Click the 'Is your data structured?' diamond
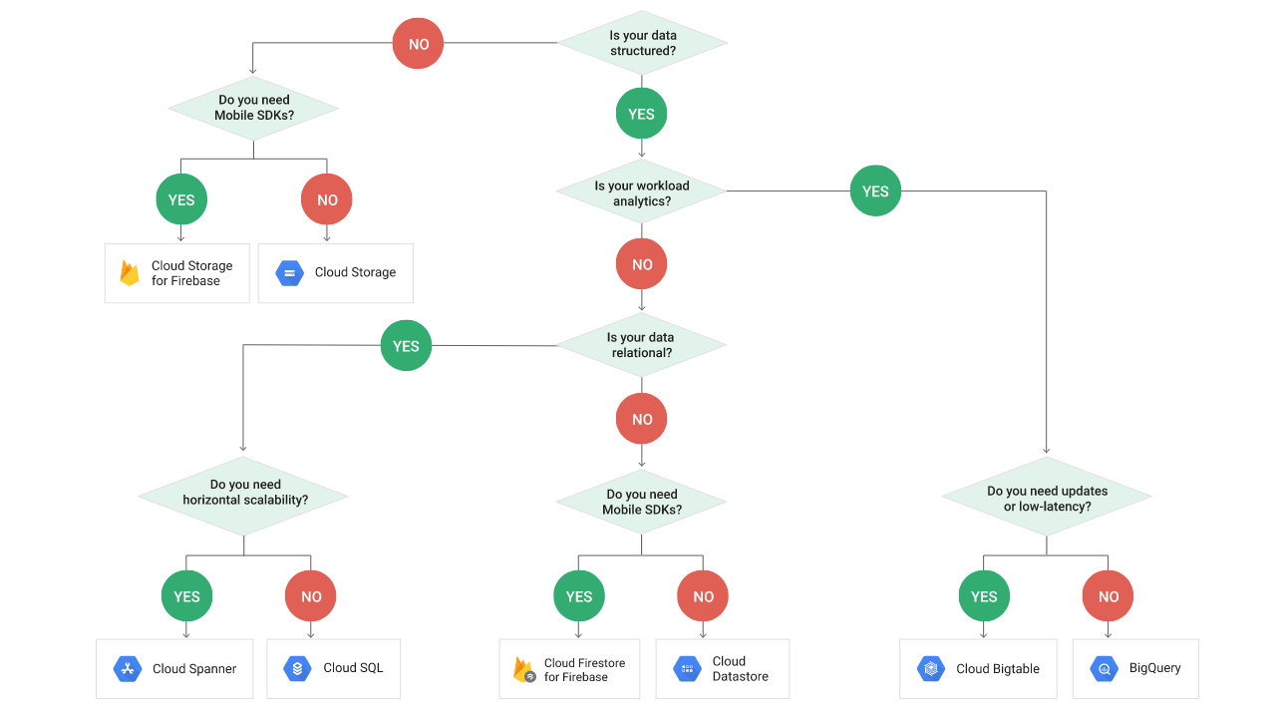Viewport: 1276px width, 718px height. click(x=642, y=43)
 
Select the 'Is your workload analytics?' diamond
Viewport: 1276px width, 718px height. click(x=641, y=192)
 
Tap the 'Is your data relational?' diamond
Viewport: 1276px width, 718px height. click(x=640, y=345)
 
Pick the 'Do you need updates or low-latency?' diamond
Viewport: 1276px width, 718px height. click(x=1047, y=498)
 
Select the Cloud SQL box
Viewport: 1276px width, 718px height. click(x=334, y=668)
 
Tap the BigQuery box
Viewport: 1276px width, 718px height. click(x=1134, y=668)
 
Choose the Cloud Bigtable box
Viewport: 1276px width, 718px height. click(x=979, y=668)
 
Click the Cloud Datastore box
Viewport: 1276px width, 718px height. click(x=723, y=668)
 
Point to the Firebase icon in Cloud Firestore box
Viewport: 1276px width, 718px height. click(x=523, y=669)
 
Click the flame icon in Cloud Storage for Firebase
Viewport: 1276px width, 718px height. click(x=130, y=273)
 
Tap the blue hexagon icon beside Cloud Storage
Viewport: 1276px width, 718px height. click(x=289, y=272)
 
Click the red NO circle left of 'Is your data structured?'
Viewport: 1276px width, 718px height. click(x=418, y=44)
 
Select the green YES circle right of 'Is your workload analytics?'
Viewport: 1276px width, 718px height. click(x=875, y=191)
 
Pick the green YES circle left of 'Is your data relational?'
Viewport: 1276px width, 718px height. click(x=406, y=346)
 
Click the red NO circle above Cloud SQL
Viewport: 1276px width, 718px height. click(x=311, y=596)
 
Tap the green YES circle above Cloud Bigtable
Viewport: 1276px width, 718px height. click(x=984, y=596)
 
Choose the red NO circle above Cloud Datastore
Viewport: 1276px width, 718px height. click(x=703, y=596)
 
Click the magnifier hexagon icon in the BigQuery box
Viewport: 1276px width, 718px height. click(x=1104, y=669)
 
